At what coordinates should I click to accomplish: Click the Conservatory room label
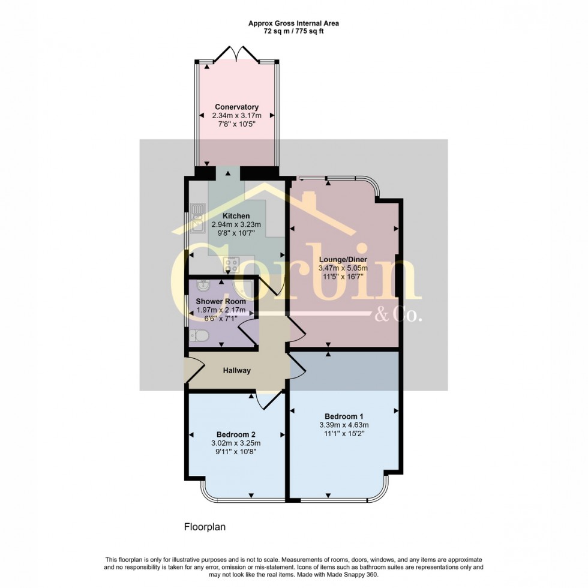pyautogui.click(x=236, y=107)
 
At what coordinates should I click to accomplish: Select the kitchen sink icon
pyautogui.click(x=196, y=219)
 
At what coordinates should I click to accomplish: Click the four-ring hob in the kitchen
pyautogui.click(x=230, y=263)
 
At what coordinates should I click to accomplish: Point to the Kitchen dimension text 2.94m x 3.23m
pyautogui.click(x=236, y=224)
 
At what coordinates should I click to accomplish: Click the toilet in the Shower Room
pyautogui.click(x=196, y=338)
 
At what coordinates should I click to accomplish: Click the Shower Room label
pyautogui.click(x=221, y=301)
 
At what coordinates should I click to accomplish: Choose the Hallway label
pyautogui.click(x=236, y=371)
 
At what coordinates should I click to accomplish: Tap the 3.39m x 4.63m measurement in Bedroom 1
pyautogui.click(x=344, y=425)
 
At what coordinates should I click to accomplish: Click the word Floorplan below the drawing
pyautogui.click(x=203, y=527)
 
